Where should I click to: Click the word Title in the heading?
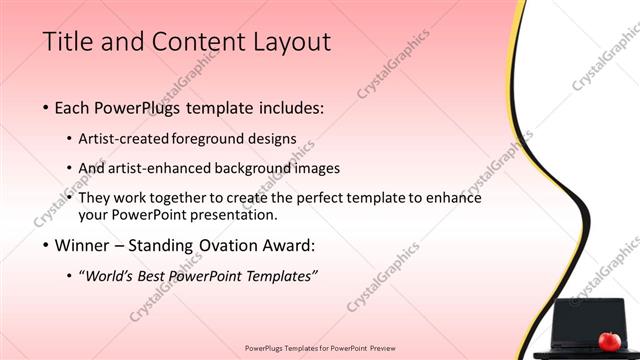coord(68,42)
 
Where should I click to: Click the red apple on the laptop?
coord(608,341)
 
